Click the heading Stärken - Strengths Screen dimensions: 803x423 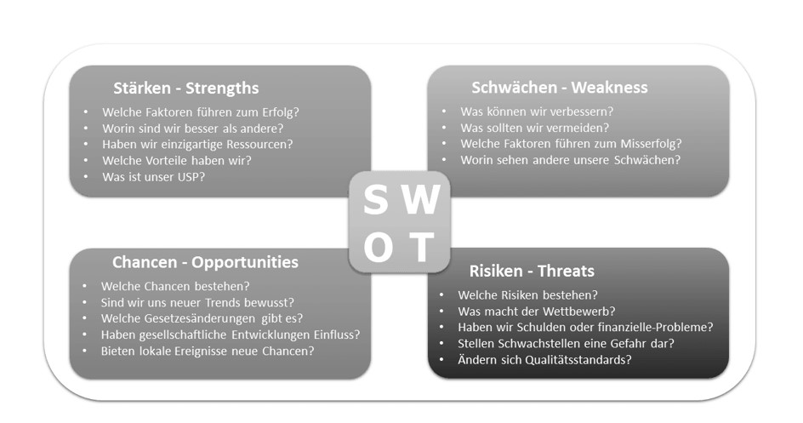point(186,88)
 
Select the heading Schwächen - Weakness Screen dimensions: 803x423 point(559,88)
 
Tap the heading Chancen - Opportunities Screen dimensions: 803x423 point(205,262)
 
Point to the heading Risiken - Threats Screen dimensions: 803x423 point(532,271)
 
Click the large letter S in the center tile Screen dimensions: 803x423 point(375,200)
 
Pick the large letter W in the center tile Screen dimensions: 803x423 point(421,200)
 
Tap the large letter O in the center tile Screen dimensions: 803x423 point(378,248)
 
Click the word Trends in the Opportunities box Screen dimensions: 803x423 point(222,303)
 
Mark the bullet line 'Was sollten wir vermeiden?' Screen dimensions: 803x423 point(535,128)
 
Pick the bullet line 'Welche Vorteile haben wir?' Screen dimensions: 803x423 point(177,161)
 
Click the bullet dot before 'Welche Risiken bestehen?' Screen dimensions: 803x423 point(442,294)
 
